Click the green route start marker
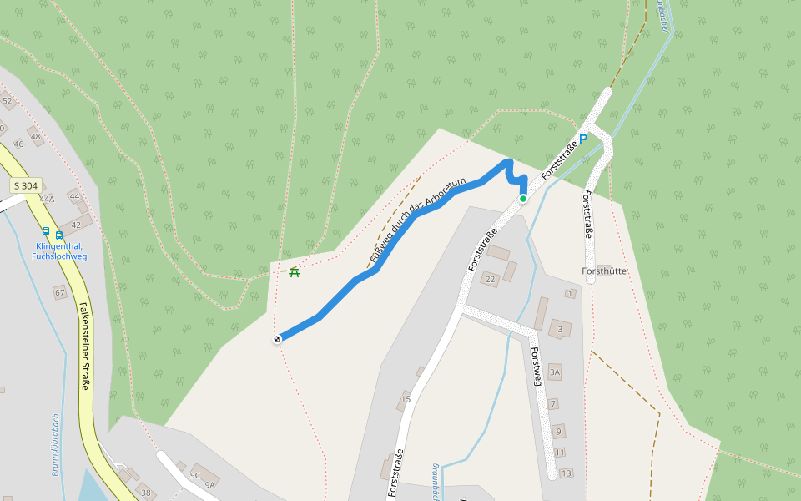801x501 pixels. tap(523, 199)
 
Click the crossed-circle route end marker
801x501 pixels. tap(277, 338)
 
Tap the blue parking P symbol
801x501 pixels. tap(583, 139)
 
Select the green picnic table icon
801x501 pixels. tap(294, 271)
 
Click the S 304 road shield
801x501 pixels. tap(26, 185)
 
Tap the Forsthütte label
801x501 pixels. tap(604, 271)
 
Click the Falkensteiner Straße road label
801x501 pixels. tap(85, 346)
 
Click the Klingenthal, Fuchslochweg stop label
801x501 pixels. tap(59, 251)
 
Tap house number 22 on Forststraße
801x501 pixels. tap(490, 279)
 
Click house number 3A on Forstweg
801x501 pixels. tap(555, 371)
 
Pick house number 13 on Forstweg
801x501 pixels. tap(567, 473)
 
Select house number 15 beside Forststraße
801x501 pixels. tap(406, 399)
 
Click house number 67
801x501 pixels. tap(59, 292)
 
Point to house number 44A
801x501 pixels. tap(47, 199)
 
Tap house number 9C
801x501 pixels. tap(195, 475)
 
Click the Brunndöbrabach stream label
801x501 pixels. tap(55, 444)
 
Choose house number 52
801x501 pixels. tap(8, 101)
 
